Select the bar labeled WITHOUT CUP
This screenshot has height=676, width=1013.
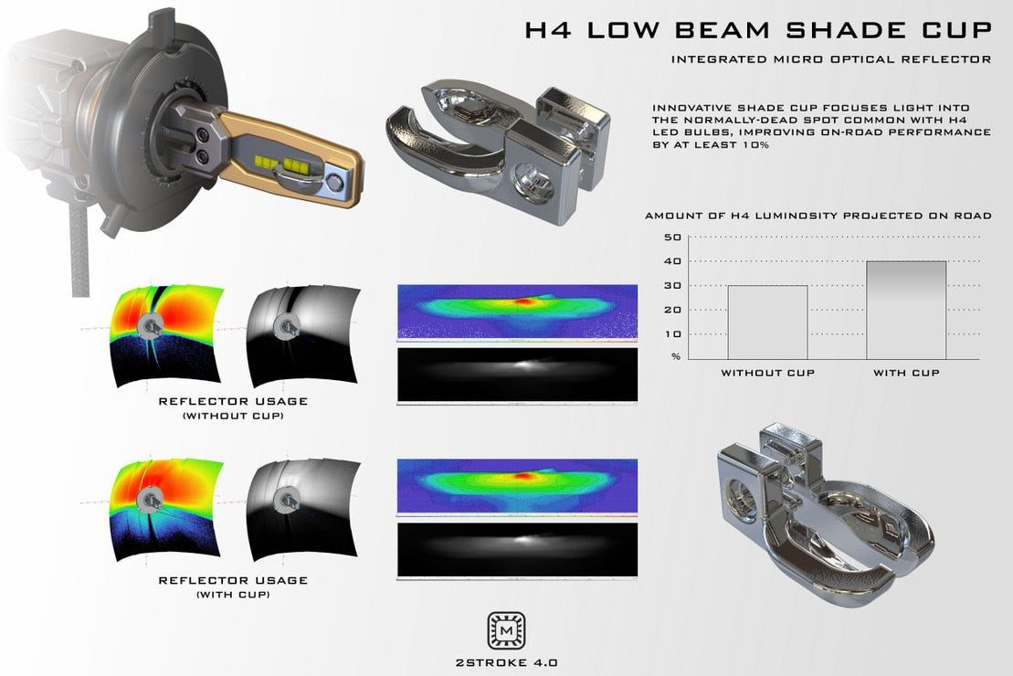(x=767, y=322)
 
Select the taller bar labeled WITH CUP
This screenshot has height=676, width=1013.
(x=906, y=310)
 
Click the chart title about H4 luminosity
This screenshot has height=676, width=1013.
(x=818, y=217)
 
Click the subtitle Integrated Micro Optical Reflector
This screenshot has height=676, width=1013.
(x=830, y=60)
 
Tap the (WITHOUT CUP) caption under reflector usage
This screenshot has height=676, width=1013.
(x=233, y=417)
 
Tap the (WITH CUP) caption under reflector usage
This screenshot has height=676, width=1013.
(x=233, y=595)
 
